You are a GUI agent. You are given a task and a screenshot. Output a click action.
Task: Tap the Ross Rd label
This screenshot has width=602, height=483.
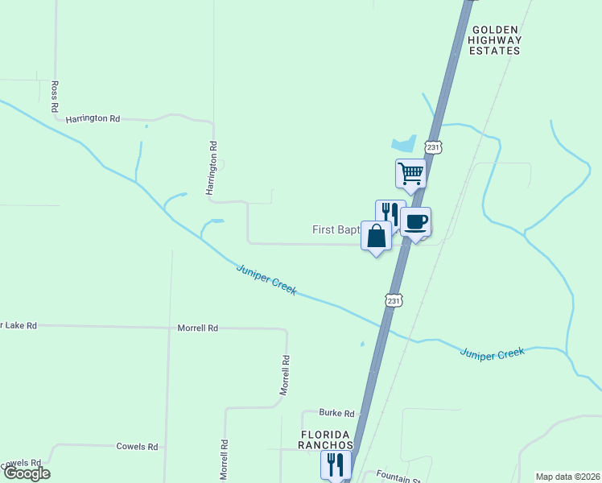55,96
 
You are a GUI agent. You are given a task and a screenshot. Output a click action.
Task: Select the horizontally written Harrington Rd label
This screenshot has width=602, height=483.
93,118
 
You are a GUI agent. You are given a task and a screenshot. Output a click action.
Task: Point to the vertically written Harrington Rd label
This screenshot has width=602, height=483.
213,169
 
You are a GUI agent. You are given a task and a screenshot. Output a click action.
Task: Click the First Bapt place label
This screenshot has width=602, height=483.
336,230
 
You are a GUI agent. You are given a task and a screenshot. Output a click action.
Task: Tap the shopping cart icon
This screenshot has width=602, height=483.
410,172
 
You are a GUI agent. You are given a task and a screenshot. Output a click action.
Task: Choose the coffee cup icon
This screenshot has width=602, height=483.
415,222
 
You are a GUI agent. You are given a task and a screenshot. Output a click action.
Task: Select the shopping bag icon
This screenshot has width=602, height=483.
376,236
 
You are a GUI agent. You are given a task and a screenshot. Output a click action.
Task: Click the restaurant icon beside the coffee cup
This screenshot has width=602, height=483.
390,213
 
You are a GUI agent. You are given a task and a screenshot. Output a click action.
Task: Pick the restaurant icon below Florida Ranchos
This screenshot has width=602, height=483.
336,464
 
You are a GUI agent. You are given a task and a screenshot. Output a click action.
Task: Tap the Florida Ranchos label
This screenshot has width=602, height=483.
328,440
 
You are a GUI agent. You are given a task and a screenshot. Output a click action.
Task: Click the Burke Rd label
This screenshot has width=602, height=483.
336,414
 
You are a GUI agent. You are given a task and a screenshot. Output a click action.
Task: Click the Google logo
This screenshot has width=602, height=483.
26,473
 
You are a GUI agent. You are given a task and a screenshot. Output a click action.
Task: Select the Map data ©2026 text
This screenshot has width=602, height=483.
567,477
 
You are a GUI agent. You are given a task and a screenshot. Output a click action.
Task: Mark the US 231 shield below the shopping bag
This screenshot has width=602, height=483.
393,300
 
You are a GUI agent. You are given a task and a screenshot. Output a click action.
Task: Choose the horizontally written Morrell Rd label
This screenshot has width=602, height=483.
198,328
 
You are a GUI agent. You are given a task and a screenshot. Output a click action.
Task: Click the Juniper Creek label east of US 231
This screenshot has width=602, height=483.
493,353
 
